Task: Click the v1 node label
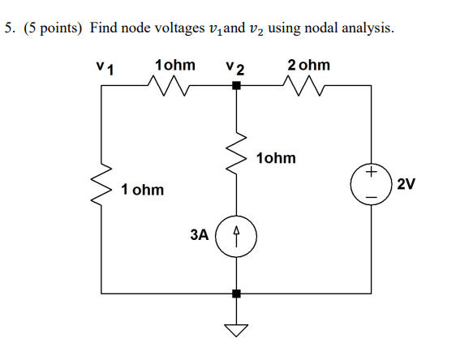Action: tap(105, 68)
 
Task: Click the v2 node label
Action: tap(235, 68)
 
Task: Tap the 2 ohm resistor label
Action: tap(308, 65)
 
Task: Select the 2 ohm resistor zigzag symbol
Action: tap(303, 86)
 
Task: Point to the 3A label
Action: tap(200, 235)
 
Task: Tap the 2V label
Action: tap(406, 184)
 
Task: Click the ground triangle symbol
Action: tap(236, 330)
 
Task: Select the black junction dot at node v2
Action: tap(236, 86)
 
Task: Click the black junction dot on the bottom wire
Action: tap(236, 294)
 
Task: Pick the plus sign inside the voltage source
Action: tap(371, 171)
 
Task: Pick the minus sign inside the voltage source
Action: tap(371, 197)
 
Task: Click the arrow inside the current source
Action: tap(236, 236)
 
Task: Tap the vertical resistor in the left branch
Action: tap(101, 184)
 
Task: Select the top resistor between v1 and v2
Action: tap(169, 86)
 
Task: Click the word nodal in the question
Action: tap(322, 28)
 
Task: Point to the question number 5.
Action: tap(10, 28)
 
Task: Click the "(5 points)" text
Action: tap(53, 28)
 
